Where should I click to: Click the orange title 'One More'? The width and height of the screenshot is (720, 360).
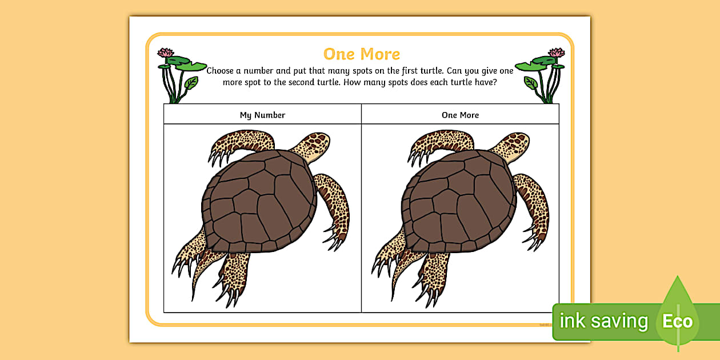point(362,54)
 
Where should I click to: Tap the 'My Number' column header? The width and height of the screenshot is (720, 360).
point(262,115)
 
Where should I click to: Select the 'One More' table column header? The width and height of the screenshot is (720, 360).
point(460,115)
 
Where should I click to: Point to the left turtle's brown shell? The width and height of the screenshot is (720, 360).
point(259,201)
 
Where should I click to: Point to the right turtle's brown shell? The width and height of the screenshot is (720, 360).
point(459,201)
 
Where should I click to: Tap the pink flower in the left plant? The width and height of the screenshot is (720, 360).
point(166,53)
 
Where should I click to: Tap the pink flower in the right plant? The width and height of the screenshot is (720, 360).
point(557,53)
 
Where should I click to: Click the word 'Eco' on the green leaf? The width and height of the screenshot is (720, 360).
point(677,321)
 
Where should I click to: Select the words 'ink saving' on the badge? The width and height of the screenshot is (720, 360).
point(603,321)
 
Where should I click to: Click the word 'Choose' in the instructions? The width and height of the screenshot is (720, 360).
point(220,71)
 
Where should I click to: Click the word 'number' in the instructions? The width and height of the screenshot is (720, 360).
point(258,71)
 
